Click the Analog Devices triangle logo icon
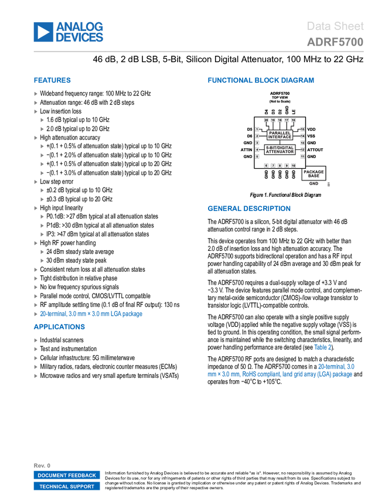pos(43,32)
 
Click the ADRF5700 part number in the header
pos(335,42)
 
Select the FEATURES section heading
pos(52,80)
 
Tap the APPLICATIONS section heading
pos(59,327)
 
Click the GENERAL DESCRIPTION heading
pos(249,209)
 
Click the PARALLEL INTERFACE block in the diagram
pos(280,135)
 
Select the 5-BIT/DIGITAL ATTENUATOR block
pos(280,149)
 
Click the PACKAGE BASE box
pos(314,174)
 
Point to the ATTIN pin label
pos(246,149)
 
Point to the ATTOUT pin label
pos(315,149)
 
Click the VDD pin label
pos(311,129)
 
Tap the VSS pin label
pos(311,136)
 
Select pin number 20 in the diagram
pos(266,120)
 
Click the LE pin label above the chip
pos(294,111)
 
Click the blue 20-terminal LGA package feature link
pos(91,314)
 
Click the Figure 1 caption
pos(285,195)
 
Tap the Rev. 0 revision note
pos(42,466)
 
